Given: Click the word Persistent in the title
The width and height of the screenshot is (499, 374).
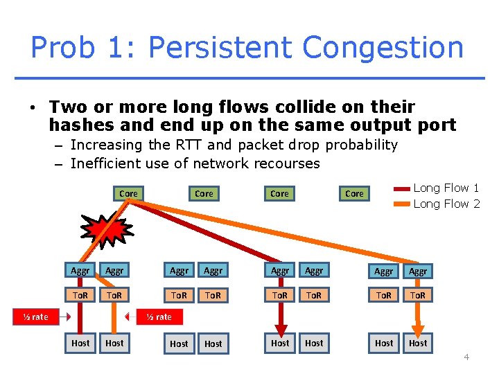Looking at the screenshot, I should [x=221, y=48].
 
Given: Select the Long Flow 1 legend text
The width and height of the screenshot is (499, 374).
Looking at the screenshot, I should [x=446, y=188].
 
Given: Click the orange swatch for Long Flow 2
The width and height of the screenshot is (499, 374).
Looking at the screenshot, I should [x=401, y=204].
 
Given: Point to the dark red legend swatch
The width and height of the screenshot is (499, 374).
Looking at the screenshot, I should [x=401, y=188].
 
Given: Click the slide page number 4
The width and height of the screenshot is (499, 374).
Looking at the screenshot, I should [x=466, y=357].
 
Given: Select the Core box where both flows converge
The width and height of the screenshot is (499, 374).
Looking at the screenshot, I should [x=128, y=193].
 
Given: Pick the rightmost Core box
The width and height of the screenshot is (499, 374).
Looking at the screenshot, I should [x=354, y=193].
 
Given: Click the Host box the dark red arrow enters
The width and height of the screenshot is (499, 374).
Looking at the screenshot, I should [x=280, y=343].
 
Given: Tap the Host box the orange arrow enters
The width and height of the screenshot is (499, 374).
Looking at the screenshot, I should [x=418, y=343].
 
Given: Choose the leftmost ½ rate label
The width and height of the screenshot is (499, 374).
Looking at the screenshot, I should [x=35, y=317].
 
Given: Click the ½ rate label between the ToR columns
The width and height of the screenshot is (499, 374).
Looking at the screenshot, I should [x=159, y=317].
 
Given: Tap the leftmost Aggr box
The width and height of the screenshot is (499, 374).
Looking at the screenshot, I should [x=80, y=271].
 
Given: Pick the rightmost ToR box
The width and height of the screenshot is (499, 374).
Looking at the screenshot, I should [x=418, y=295].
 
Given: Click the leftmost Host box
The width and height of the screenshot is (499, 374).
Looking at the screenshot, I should [x=80, y=343].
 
